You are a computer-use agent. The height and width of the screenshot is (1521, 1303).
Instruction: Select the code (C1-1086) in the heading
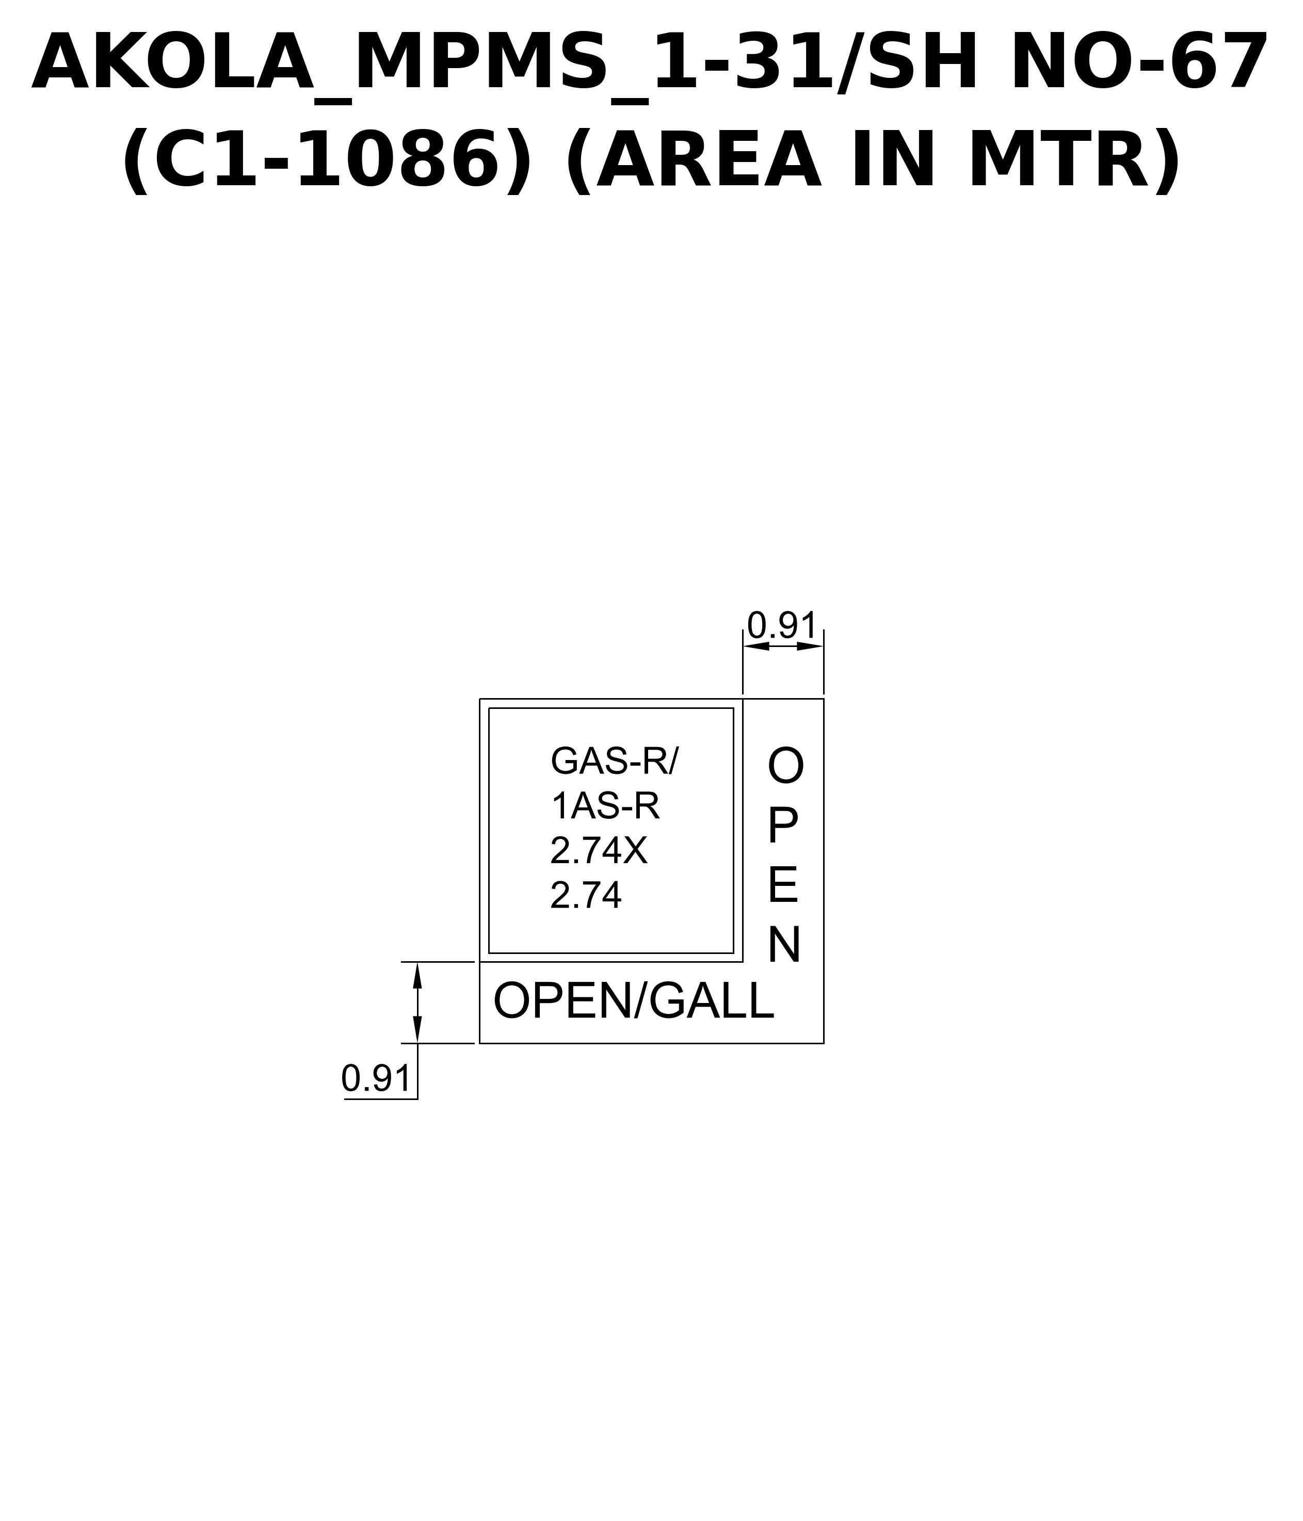click(327, 160)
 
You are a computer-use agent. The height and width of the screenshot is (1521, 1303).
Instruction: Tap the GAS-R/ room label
click(615, 761)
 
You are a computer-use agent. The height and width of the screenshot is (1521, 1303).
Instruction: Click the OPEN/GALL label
click(634, 1000)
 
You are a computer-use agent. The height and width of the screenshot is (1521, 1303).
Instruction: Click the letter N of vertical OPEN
click(784, 946)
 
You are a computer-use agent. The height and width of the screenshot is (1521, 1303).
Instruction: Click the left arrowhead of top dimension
click(756, 646)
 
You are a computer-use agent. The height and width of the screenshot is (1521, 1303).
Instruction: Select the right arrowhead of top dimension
click(810, 646)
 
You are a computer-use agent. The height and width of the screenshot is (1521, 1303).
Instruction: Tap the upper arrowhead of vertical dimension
click(417, 976)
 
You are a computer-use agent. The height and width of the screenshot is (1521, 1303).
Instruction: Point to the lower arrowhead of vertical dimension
click(417, 1029)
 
